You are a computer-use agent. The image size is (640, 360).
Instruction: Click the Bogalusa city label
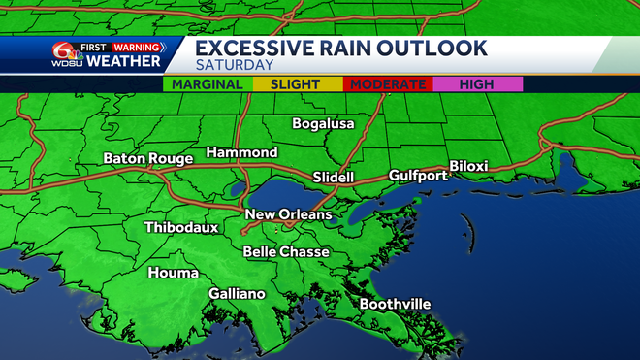tap(324, 124)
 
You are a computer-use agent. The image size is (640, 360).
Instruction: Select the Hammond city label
tap(241, 153)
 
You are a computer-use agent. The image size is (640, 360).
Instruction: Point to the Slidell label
tap(334, 178)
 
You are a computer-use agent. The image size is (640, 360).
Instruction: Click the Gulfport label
tap(418, 176)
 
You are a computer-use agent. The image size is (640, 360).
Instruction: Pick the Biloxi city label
tap(468, 166)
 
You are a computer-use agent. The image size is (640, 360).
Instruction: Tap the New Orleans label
tap(288, 214)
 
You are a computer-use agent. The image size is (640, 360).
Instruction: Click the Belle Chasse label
tap(286, 251)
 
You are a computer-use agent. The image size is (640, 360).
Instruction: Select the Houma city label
tap(173, 273)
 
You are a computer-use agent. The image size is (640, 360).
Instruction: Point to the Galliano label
tap(238, 294)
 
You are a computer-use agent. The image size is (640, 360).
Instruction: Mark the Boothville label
tap(395, 304)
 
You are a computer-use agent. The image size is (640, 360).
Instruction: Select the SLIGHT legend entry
tap(294, 84)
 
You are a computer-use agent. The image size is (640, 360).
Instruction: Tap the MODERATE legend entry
tap(387, 84)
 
